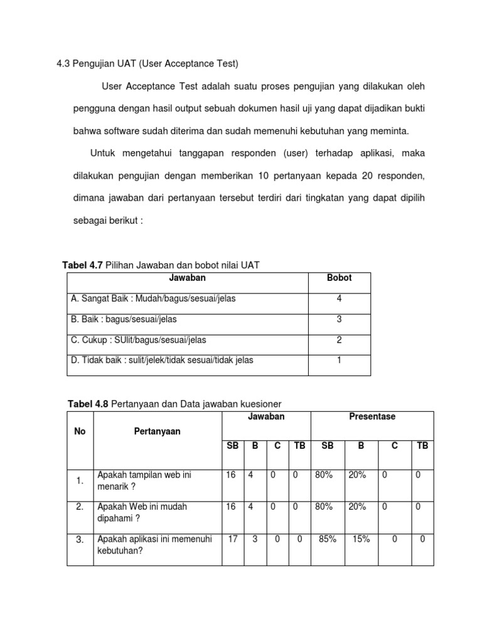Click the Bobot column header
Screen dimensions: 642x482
339,278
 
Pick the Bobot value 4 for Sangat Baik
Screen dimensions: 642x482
339,298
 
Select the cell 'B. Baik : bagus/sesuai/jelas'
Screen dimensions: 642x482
124,319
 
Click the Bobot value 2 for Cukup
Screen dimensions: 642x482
339,340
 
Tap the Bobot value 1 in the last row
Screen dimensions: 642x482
339,360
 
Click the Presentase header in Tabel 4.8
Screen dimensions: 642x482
372,416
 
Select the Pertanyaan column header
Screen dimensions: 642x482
157,431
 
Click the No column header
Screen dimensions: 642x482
80,431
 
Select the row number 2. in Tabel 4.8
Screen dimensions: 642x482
80,507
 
